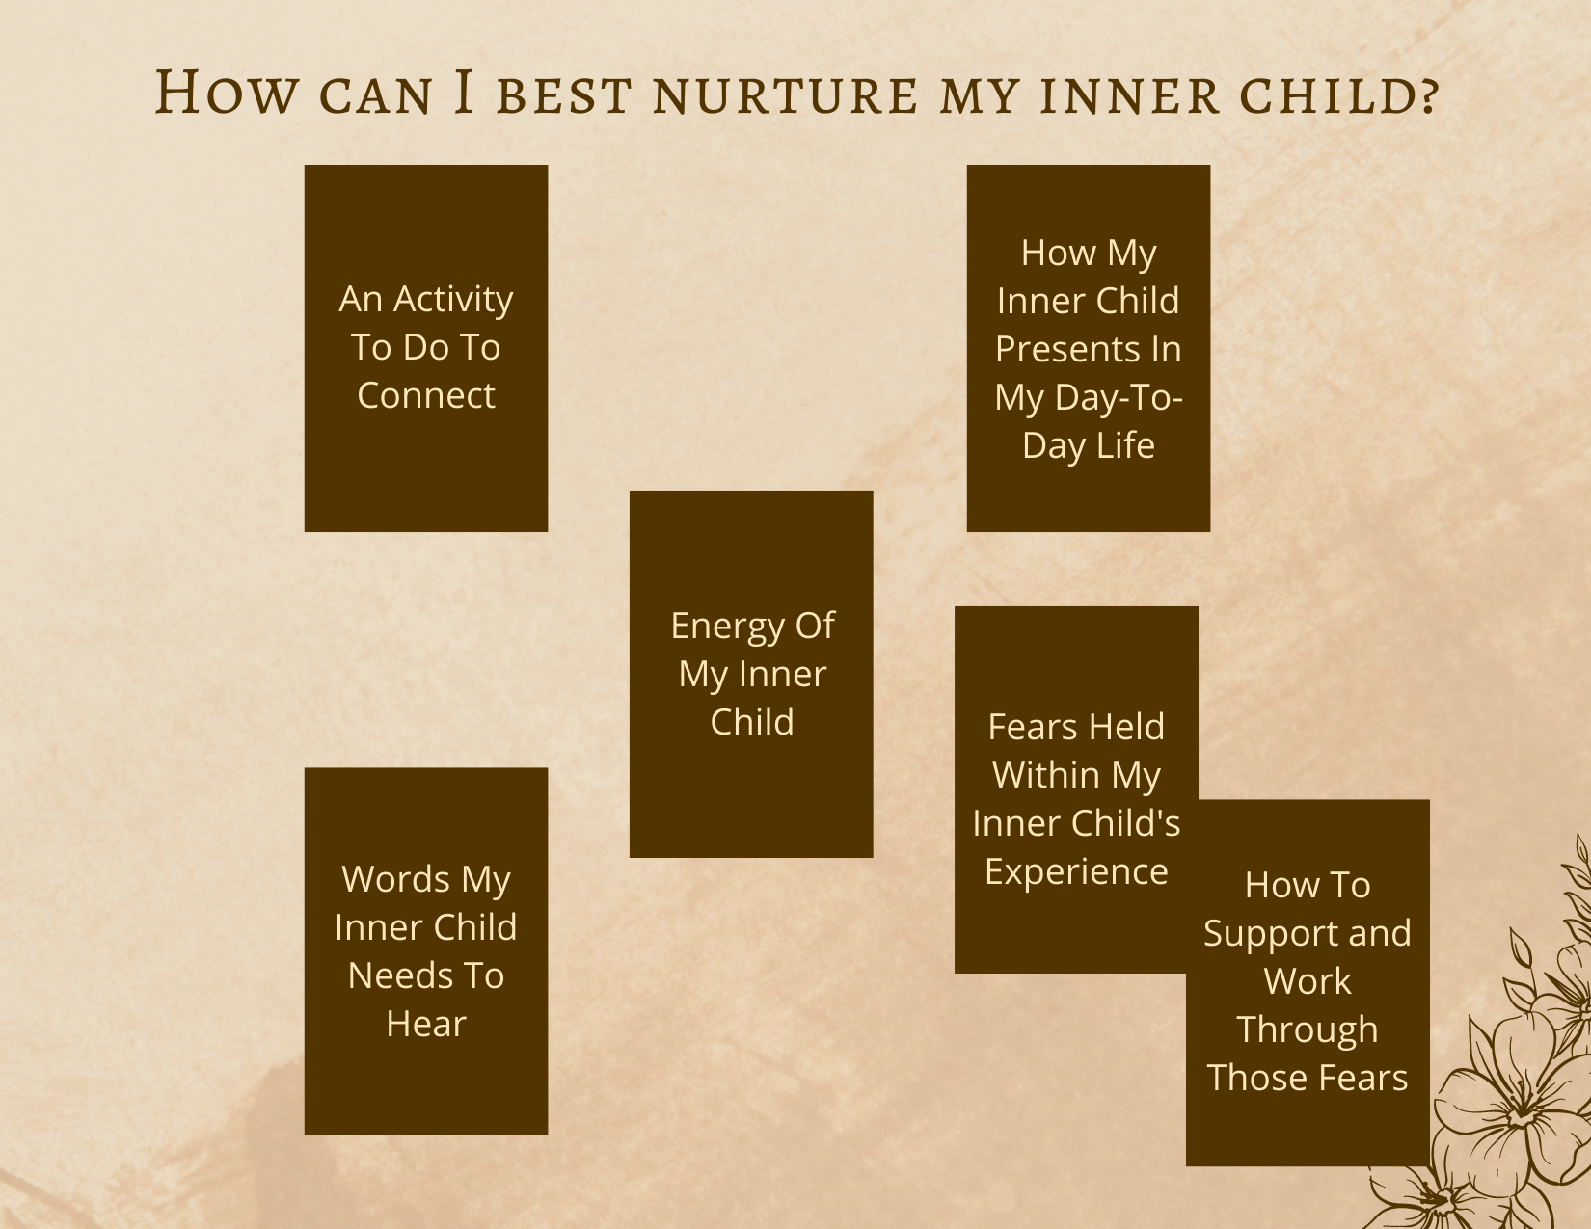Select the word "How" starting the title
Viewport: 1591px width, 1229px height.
click(x=227, y=93)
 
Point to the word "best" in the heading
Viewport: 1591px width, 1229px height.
click(x=564, y=95)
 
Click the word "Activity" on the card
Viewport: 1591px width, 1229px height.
click(x=453, y=300)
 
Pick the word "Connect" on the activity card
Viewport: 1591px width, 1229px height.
click(x=426, y=395)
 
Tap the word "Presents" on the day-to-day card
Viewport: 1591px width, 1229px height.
click(x=1069, y=348)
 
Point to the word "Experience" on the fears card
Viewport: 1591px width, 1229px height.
click(x=1076, y=872)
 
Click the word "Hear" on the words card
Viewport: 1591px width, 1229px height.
click(x=426, y=1024)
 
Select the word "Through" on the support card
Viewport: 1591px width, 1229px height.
click(x=1308, y=1029)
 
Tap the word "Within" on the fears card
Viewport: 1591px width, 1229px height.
click(x=1045, y=774)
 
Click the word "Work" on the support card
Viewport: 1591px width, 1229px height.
click(x=1308, y=981)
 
